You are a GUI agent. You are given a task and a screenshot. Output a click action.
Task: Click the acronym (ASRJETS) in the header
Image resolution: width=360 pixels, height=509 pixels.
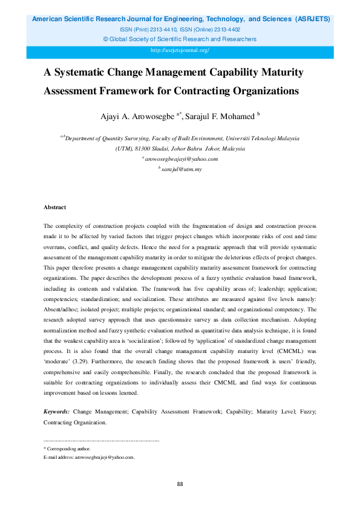point(312,19)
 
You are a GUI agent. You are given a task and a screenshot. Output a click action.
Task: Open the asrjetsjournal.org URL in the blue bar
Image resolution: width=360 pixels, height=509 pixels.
point(180,50)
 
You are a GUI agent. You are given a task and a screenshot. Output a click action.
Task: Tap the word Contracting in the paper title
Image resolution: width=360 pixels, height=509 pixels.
point(211,91)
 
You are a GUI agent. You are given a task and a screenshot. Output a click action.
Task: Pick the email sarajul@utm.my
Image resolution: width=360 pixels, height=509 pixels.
point(182,169)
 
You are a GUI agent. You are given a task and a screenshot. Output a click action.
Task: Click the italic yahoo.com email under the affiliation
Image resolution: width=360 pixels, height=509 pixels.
point(180,159)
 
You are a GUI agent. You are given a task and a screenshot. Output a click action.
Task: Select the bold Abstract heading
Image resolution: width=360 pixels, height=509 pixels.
point(54,207)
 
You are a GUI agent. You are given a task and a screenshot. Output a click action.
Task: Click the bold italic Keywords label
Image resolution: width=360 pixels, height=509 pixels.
point(57,411)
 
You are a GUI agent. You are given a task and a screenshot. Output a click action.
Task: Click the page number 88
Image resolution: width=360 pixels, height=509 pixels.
point(180,484)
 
